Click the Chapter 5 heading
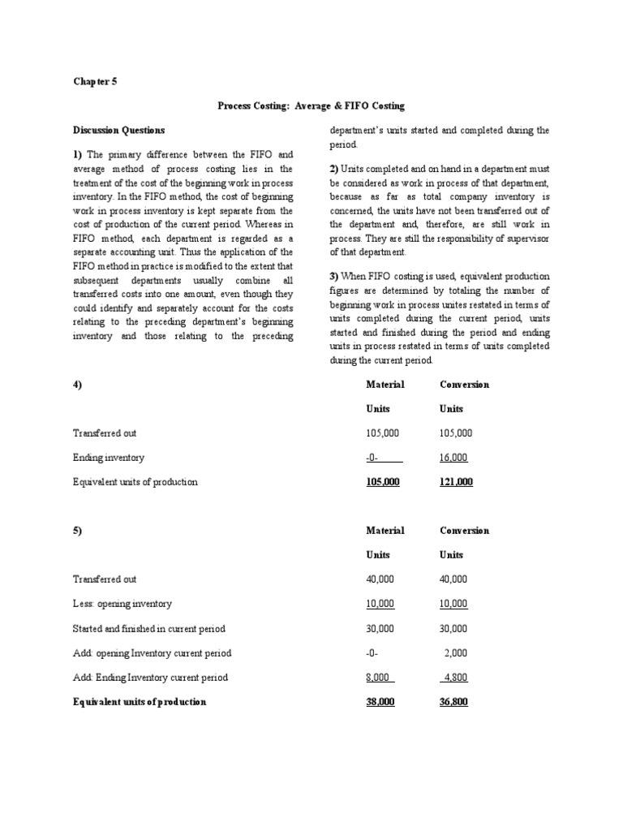coord(95,81)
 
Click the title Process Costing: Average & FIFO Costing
coord(311,105)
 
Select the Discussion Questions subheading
coord(118,130)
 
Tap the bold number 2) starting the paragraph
coord(333,168)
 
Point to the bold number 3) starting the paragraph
coord(333,276)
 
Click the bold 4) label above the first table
coord(77,384)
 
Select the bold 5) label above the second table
coord(77,531)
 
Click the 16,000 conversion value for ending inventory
coord(453,458)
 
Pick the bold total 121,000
coord(456,482)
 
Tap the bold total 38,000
coord(380,702)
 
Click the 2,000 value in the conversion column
coord(456,653)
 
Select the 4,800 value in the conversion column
coord(454,678)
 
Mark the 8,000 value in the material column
coord(379,678)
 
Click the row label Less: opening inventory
coord(122,604)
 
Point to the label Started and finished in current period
coord(149,629)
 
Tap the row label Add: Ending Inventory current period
coord(150,678)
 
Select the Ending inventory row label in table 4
coord(109,458)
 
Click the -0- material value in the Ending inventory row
coord(373,458)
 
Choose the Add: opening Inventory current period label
coord(152,653)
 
